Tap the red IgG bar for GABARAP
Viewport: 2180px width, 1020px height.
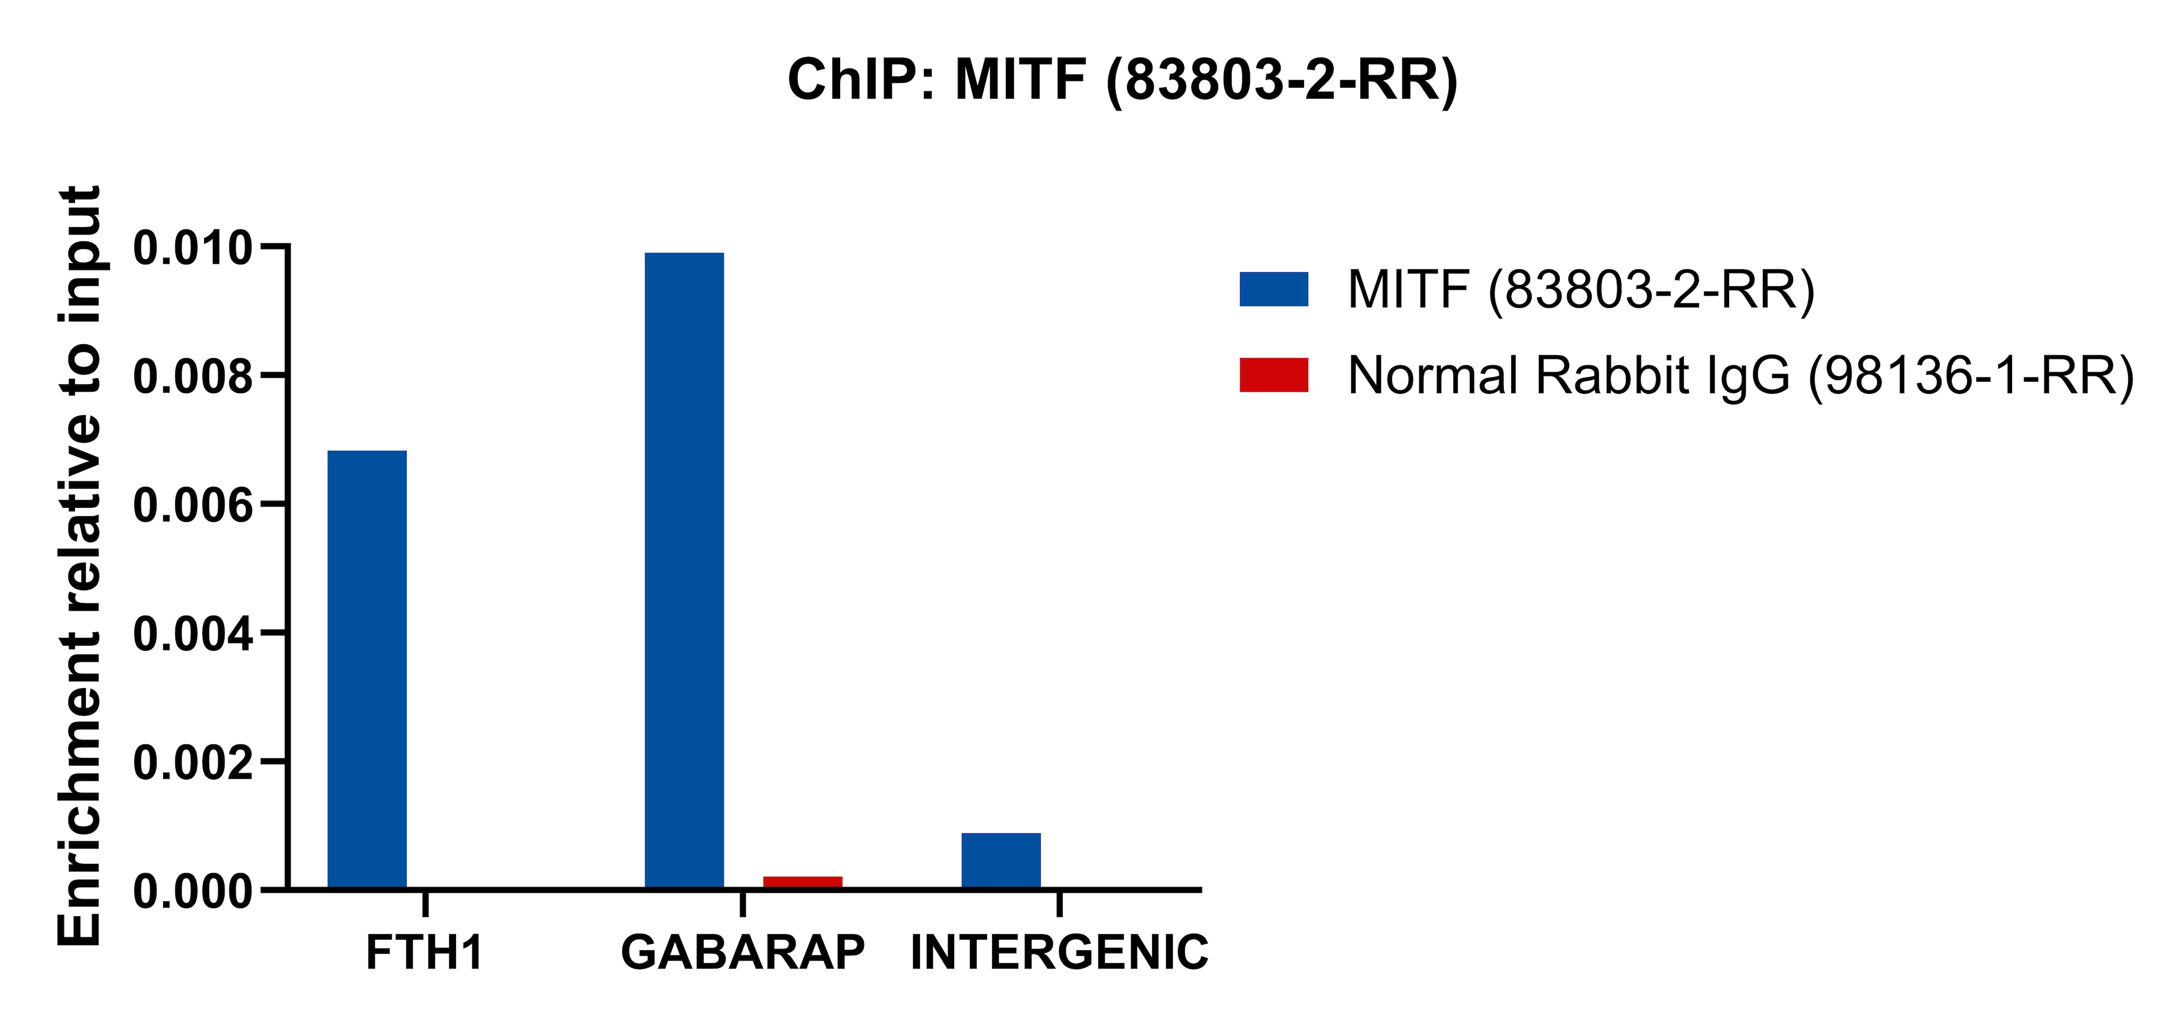[x=802, y=882]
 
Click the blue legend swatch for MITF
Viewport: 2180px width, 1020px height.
[x=1274, y=289]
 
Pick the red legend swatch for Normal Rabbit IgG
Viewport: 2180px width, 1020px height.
[x=1274, y=375]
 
